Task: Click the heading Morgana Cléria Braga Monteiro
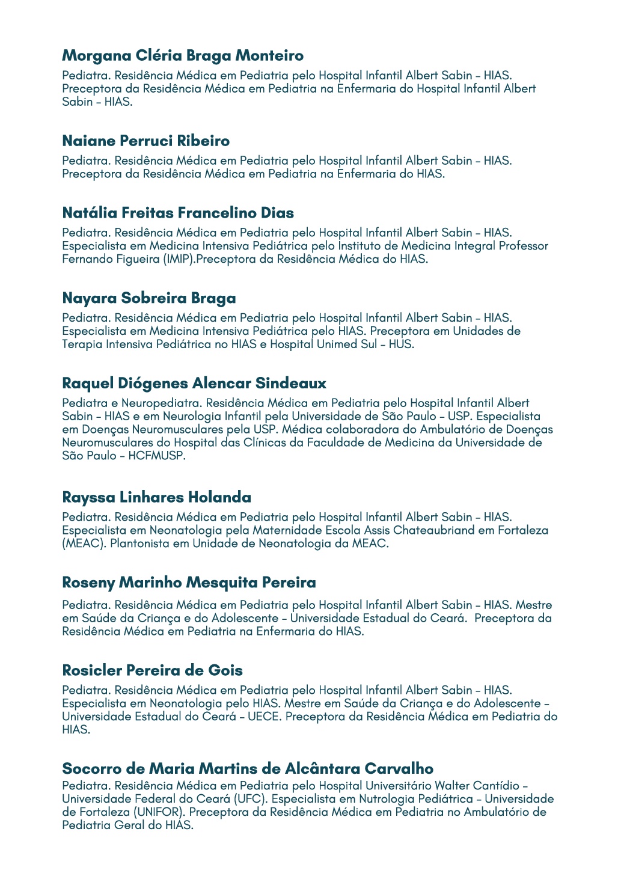183,56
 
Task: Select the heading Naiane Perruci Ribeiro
146,141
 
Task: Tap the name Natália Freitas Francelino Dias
178,213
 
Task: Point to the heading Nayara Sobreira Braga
149,298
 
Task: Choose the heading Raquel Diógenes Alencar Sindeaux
194,384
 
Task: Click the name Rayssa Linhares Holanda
157,497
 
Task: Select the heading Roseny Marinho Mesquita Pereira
189,583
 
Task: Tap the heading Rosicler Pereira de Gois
153,670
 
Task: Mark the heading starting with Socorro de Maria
248,769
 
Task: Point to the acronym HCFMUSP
157,456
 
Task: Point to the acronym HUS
400,344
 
